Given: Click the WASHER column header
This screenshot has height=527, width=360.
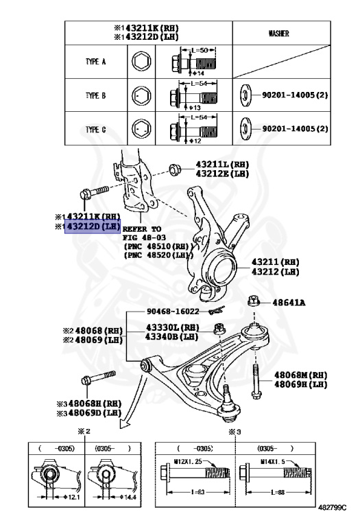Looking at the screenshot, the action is tap(278, 33).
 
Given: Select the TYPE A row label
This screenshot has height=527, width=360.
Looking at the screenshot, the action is tap(96, 62).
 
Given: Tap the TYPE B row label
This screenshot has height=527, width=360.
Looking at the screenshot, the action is tap(96, 95).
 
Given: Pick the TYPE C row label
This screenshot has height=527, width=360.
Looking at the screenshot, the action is tap(96, 130).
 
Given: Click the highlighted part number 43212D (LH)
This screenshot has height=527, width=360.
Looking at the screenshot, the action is tap(93, 226).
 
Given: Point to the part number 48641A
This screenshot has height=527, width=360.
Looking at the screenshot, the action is tap(289, 303).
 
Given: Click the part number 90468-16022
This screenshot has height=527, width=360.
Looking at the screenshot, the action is tap(173, 312).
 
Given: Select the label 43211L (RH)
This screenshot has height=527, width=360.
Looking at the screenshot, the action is tap(222, 165).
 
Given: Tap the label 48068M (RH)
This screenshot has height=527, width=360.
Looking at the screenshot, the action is tap(301, 375).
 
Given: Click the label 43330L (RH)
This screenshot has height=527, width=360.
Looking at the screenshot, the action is tap(173, 327).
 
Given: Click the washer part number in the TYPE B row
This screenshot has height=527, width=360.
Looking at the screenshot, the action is tap(295, 95).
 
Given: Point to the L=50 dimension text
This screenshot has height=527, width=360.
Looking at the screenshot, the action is tap(200, 50).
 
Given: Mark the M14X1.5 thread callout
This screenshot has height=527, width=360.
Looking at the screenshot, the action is tap(272, 462).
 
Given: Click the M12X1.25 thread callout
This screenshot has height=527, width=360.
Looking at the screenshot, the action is tap(188, 461).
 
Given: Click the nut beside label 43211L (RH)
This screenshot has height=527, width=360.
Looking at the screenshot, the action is tap(175, 169).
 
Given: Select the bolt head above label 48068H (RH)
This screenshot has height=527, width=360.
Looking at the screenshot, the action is tap(86, 380).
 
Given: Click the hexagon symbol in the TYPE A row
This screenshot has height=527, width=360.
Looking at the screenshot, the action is tap(141, 62).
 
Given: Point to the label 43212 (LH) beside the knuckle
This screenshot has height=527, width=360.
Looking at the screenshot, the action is tap(276, 272).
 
